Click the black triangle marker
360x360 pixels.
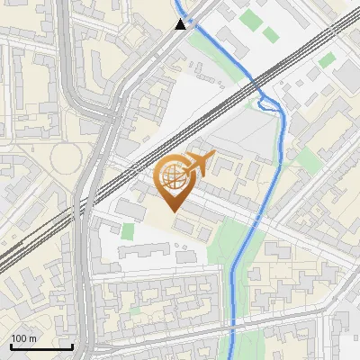coord(181,24)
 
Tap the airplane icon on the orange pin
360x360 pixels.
coord(198,164)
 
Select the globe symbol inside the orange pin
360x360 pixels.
coord(173,177)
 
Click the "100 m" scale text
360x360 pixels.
coord(23,338)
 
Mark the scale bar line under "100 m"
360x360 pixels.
coord(41,346)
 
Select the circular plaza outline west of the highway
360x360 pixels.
coord(66,160)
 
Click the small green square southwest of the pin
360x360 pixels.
coord(128,231)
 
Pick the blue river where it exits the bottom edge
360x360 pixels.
coord(230,356)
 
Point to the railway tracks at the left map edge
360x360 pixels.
coord(4,261)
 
